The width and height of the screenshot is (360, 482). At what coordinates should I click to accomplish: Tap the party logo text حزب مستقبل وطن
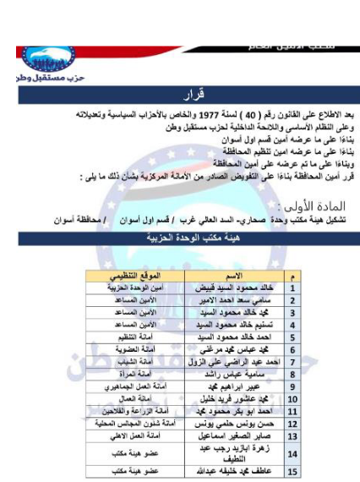point(35,74)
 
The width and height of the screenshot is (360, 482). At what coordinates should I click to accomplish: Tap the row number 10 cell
point(290,397)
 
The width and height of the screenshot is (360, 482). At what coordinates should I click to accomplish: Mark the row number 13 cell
point(290,435)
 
